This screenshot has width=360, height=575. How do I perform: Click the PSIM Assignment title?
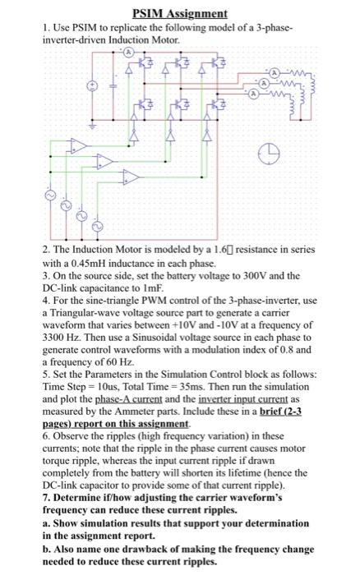pos(179,14)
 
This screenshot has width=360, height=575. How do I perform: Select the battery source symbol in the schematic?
pos(92,85)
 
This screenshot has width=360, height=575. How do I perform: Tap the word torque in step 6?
pos(57,472)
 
